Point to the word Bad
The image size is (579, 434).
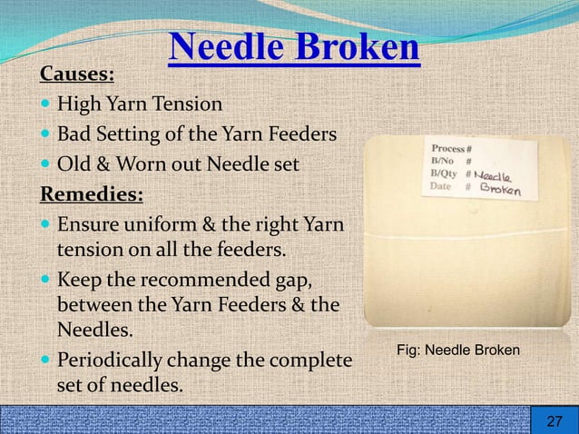(x=74, y=135)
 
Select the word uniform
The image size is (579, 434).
(x=168, y=223)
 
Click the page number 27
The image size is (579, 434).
(x=554, y=420)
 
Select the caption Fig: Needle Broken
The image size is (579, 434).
(x=458, y=350)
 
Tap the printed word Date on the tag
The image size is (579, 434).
(x=441, y=186)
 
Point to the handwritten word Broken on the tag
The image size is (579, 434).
(x=498, y=190)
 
